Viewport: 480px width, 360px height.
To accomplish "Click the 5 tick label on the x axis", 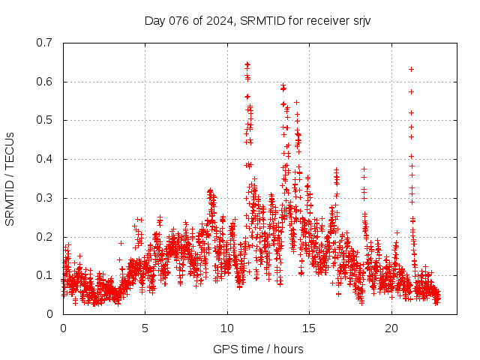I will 145,328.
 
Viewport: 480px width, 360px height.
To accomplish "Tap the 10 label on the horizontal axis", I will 227,328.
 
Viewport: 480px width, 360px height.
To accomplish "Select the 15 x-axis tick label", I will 310,328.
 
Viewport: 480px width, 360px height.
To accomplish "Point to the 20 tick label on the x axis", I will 391,328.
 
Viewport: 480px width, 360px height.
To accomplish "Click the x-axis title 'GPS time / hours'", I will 258,349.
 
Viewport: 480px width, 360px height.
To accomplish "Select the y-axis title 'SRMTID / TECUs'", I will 10,178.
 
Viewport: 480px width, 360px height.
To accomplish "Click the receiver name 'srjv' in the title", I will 361,20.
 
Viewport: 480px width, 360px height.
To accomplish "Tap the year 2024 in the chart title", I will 214,20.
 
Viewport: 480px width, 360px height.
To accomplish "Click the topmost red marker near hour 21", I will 411,69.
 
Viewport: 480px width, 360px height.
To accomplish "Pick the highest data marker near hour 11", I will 247,64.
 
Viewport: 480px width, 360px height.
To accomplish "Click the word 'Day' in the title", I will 154,20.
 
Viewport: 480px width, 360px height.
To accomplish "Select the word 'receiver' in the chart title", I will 325,20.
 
